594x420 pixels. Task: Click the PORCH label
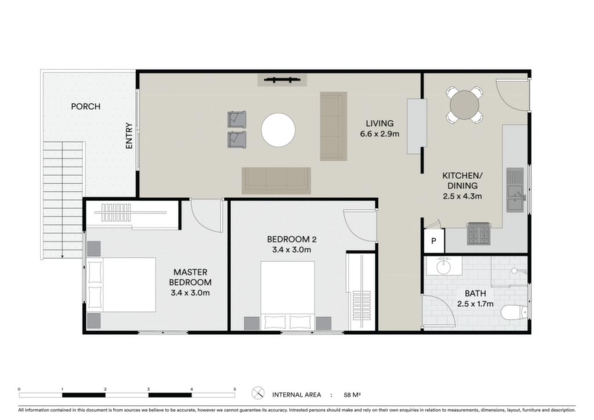(86, 106)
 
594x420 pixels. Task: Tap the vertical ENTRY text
(129, 136)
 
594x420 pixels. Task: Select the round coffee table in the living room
(278, 131)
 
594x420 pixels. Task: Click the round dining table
(465, 105)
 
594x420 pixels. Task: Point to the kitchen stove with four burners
(479, 233)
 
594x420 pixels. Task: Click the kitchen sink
(515, 190)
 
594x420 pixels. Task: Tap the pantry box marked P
(434, 241)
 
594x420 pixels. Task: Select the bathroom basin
(443, 266)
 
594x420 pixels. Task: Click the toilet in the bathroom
(514, 313)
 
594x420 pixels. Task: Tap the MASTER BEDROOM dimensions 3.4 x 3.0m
(190, 293)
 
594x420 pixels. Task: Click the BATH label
(476, 294)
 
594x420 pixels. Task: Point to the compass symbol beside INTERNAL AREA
(258, 393)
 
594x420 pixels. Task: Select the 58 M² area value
(352, 395)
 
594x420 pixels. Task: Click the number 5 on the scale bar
(235, 389)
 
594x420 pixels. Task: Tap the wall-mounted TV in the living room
(282, 80)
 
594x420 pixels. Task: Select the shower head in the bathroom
(514, 271)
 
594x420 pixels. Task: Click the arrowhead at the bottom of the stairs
(63, 256)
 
